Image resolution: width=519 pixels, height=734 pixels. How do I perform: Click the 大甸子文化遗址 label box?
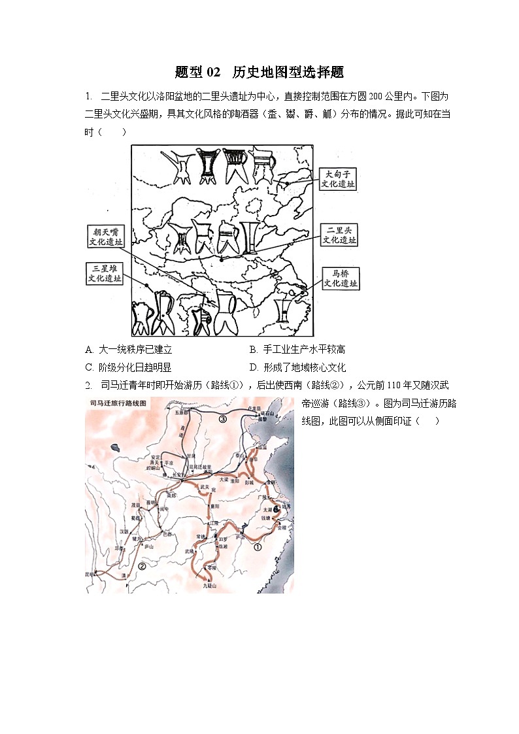(339, 178)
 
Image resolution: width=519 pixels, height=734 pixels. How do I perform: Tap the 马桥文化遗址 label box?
(340, 278)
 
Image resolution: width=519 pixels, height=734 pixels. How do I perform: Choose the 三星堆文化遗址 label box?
(105, 273)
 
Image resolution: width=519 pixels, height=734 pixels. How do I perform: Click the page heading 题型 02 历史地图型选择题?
(259, 72)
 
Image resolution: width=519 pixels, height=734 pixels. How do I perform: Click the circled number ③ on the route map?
(223, 420)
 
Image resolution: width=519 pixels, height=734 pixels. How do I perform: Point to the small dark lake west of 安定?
(116, 448)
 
